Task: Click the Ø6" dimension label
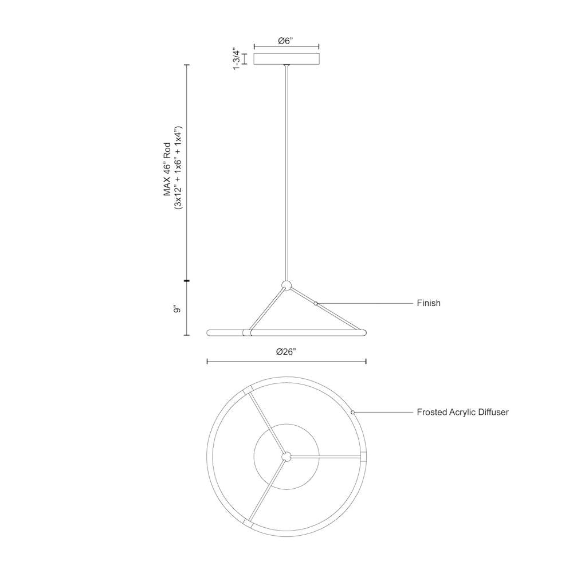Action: (x=286, y=41)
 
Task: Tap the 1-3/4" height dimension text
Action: (x=238, y=58)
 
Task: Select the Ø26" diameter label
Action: (x=286, y=352)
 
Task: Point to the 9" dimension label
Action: (x=178, y=309)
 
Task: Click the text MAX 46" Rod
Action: (x=167, y=170)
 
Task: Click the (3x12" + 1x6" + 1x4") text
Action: (x=178, y=168)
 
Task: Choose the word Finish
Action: (x=429, y=303)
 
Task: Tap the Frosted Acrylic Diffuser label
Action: (x=462, y=412)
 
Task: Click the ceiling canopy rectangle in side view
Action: (x=286, y=59)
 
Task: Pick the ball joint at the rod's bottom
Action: (x=286, y=285)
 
